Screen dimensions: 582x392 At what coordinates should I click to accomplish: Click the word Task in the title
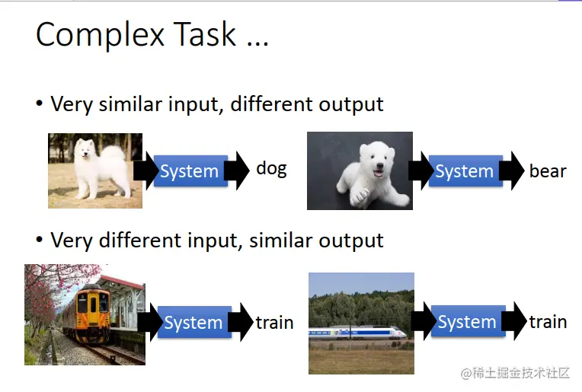[x=204, y=34]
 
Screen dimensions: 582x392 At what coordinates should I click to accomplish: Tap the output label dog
[x=271, y=170]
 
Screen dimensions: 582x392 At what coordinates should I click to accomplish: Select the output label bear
[x=548, y=171]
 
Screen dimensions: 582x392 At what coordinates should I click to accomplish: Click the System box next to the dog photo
[x=190, y=171]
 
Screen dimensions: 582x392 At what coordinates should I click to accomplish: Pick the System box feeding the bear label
[x=465, y=171]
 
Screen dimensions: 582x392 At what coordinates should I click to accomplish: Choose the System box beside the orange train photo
[x=194, y=322]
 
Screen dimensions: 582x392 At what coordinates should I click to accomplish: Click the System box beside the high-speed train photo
[x=468, y=321]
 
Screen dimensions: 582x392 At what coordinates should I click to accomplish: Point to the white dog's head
[x=84, y=148]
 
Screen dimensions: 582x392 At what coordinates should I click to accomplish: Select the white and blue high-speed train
[x=357, y=333]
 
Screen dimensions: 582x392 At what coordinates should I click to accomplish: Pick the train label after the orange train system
[x=275, y=322]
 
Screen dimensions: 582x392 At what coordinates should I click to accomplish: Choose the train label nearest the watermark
[x=548, y=321]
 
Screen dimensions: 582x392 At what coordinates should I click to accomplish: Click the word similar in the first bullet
[x=130, y=104]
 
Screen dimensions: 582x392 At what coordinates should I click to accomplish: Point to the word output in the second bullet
[x=350, y=241]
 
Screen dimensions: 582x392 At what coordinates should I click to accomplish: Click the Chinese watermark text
[x=515, y=373]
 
